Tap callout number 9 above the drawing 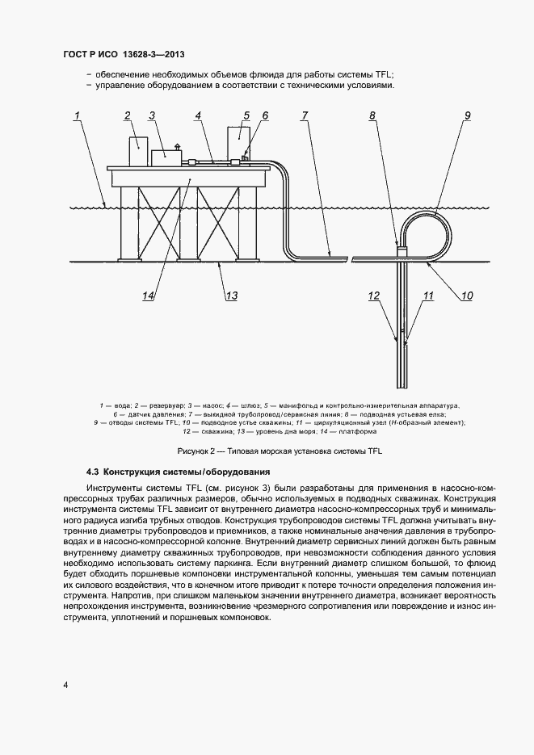(x=466, y=116)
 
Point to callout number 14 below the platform (x=148, y=296)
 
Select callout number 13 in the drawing (x=231, y=296)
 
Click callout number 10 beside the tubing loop (x=466, y=296)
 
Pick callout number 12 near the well (x=374, y=296)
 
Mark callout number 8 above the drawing (x=372, y=116)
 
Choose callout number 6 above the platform (x=264, y=116)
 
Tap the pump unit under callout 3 (x=165, y=156)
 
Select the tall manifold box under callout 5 (x=238, y=142)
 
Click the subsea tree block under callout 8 (x=402, y=253)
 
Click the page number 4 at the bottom (x=65, y=686)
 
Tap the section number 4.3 (x=92, y=471)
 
